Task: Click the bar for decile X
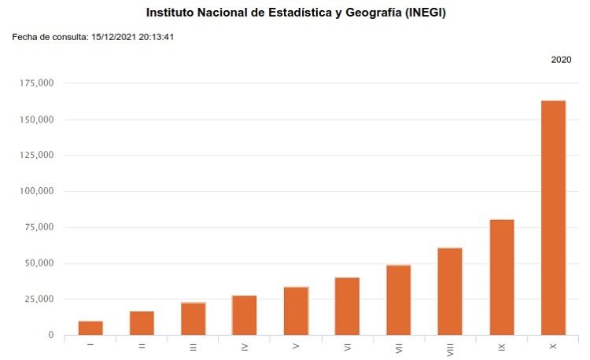click(x=553, y=218)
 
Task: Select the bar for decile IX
click(x=502, y=277)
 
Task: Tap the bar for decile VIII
click(x=450, y=292)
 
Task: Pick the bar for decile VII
click(x=399, y=300)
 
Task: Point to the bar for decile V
click(x=296, y=311)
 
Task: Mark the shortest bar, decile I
click(x=90, y=328)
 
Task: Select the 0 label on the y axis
click(x=51, y=335)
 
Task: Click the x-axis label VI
click(x=347, y=346)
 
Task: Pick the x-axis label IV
click(x=245, y=346)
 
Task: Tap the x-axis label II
click(x=142, y=346)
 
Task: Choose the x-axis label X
click(x=553, y=346)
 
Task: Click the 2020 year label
click(x=561, y=60)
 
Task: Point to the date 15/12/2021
click(x=114, y=36)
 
